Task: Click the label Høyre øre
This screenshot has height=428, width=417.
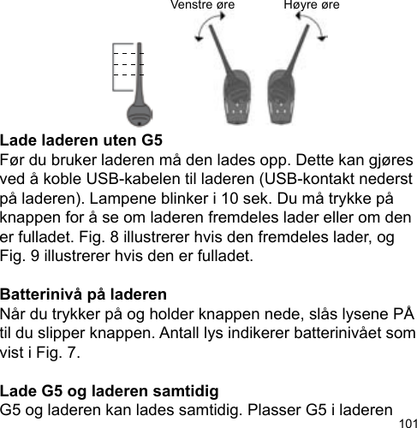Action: [311, 6]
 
